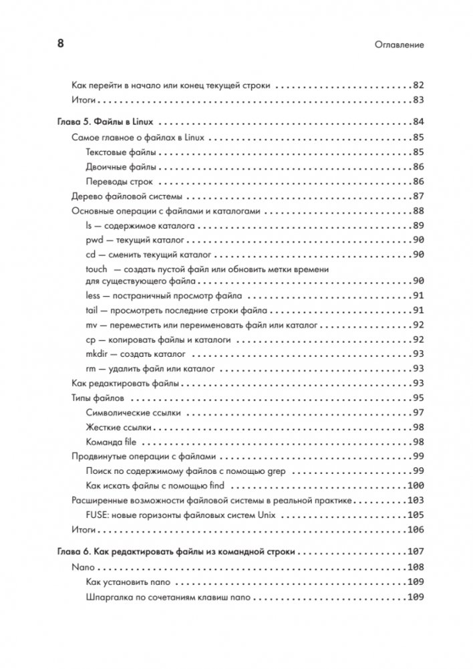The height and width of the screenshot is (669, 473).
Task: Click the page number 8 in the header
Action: coord(59,44)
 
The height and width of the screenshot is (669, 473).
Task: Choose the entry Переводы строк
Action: coord(119,182)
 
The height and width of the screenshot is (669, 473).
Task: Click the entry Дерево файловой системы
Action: coord(127,196)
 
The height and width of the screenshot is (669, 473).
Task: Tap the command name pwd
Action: coord(93,240)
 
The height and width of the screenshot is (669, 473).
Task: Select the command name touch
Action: coord(96,269)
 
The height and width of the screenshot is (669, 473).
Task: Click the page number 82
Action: coord(419,86)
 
